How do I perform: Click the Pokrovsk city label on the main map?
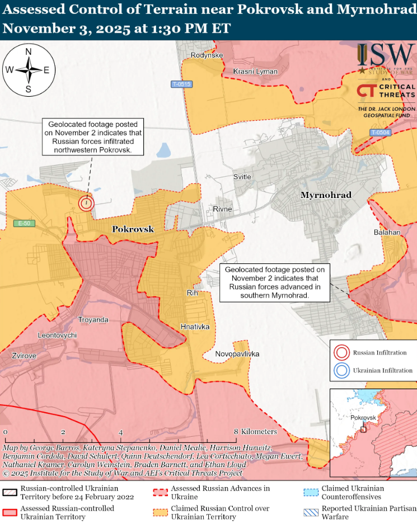coord(133,229)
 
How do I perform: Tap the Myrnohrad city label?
coord(325,195)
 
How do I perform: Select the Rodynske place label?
coord(207,55)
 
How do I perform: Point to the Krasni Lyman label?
coord(256,72)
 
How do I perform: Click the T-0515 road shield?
coord(181,84)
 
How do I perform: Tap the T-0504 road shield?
coord(380,133)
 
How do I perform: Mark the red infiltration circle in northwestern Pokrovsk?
coord(86,203)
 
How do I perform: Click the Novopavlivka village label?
coord(237,354)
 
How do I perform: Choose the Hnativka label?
coord(195,326)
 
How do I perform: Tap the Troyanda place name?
coord(93,319)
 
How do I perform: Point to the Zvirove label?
coord(24,355)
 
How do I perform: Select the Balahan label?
coord(387,232)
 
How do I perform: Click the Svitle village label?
coord(242,177)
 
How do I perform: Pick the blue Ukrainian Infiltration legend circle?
coord(340,370)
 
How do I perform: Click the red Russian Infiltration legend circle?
coord(340,353)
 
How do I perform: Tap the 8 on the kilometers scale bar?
coord(237,432)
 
